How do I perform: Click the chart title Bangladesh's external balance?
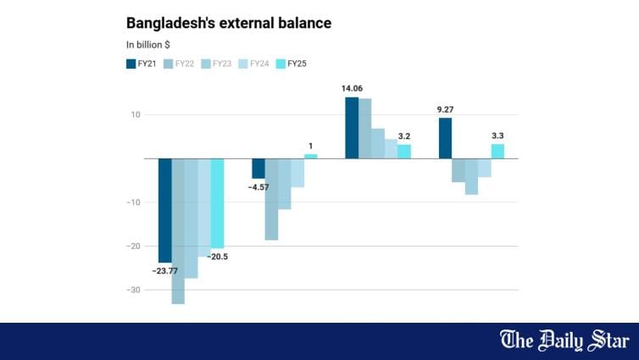[228, 23]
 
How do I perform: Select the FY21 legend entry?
[140, 64]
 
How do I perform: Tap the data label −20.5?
[219, 257]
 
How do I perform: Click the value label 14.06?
[352, 88]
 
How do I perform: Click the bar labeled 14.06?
[352, 127]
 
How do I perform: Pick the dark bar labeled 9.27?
[445, 137]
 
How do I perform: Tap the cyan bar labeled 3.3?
[497, 151]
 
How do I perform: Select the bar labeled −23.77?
[165, 210]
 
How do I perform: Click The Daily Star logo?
[564, 341]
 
